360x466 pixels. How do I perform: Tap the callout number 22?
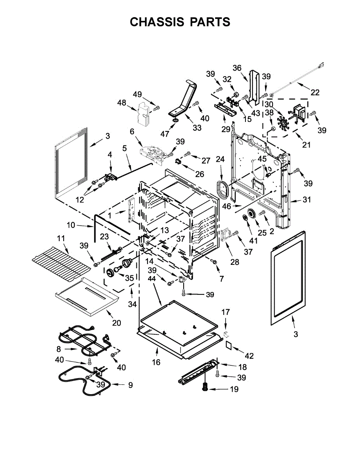[x=315, y=92]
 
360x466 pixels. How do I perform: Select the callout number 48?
[x=122, y=103]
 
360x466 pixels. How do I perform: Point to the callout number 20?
[x=117, y=322]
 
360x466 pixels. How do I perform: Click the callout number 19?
[x=234, y=389]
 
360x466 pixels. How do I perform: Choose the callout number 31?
[x=307, y=200]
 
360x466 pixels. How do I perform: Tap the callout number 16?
[x=156, y=362]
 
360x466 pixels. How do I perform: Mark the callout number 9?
[x=130, y=385]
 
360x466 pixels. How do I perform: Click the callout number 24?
[x=220, y=159]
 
